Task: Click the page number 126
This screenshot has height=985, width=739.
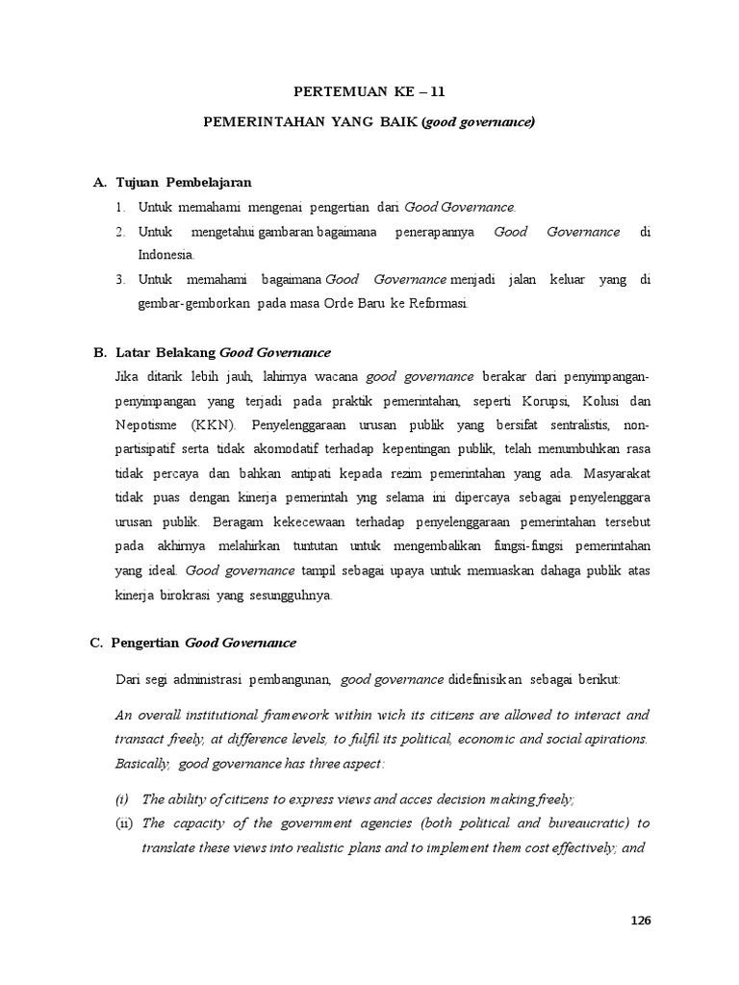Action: pos(641,920)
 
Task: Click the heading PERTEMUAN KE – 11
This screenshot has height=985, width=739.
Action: pos(369,92)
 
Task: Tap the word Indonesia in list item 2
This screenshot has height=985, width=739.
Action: pos(166,255)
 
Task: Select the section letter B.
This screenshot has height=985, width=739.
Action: pos(98,352)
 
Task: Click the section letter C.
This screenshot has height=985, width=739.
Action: pos(98,643)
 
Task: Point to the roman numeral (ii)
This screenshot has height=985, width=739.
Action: pos(122,823)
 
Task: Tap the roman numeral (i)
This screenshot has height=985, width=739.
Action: pos(121,799)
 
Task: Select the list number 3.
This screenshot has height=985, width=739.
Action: pos(120,279)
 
